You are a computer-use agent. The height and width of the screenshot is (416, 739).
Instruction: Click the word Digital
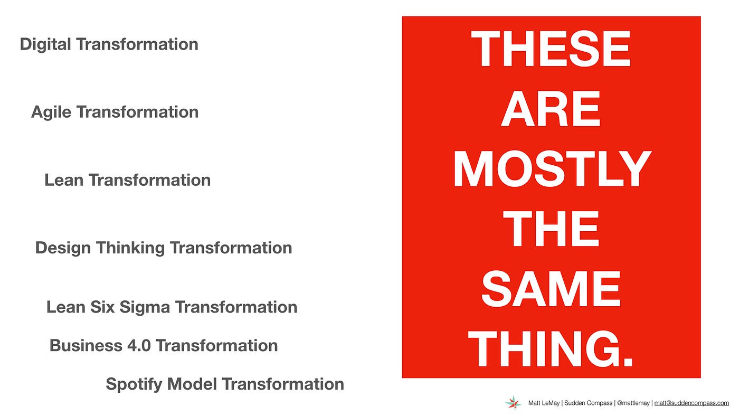(45, 44)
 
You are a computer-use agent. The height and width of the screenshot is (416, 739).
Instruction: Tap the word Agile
(51, 112)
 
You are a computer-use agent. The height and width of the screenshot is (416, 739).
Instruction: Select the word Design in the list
(63, 248)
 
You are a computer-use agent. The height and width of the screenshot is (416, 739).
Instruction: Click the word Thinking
(130, 248)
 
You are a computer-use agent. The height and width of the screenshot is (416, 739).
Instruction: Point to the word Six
(102, 307)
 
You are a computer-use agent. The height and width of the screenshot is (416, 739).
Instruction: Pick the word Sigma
(145, 307)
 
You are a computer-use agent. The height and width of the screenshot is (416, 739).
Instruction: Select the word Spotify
(134, 384)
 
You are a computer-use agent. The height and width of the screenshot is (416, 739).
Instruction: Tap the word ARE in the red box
(550, 109)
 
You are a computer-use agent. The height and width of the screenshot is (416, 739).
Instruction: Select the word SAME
(551, 289)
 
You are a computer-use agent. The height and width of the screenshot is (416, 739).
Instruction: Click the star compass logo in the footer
(513, 403)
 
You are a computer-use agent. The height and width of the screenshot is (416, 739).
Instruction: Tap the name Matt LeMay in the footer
(544, 403)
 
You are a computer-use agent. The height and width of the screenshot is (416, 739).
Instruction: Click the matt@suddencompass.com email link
(691, 403)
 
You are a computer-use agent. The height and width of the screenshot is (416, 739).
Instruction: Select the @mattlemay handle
(633, 403)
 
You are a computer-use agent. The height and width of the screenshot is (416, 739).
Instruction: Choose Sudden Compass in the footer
(588, 403)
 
